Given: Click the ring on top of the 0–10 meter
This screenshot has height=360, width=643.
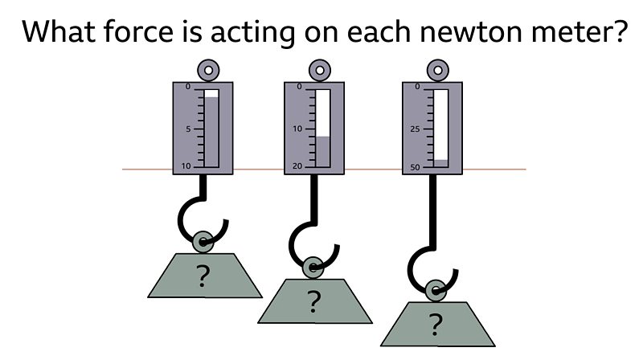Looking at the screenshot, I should click(208, 71).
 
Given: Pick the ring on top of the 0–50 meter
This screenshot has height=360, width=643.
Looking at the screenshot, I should click(438, 71).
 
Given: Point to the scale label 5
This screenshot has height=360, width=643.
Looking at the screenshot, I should click(188, 129).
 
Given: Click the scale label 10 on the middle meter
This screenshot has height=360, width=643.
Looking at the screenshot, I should click(297, 129).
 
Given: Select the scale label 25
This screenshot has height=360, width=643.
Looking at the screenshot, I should click(416, 129).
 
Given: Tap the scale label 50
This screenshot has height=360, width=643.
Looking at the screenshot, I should click(416, 166).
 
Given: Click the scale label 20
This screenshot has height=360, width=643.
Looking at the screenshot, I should click(297, 166).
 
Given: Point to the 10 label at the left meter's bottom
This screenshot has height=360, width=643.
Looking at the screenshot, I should click(187, 166).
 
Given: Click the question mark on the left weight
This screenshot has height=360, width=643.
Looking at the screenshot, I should click(203, 276).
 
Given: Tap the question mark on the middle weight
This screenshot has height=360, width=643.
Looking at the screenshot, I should click(314, 302).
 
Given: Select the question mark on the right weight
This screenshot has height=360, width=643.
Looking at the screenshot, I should click(435, 325).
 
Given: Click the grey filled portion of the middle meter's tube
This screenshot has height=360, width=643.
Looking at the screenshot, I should click(322, 151).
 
